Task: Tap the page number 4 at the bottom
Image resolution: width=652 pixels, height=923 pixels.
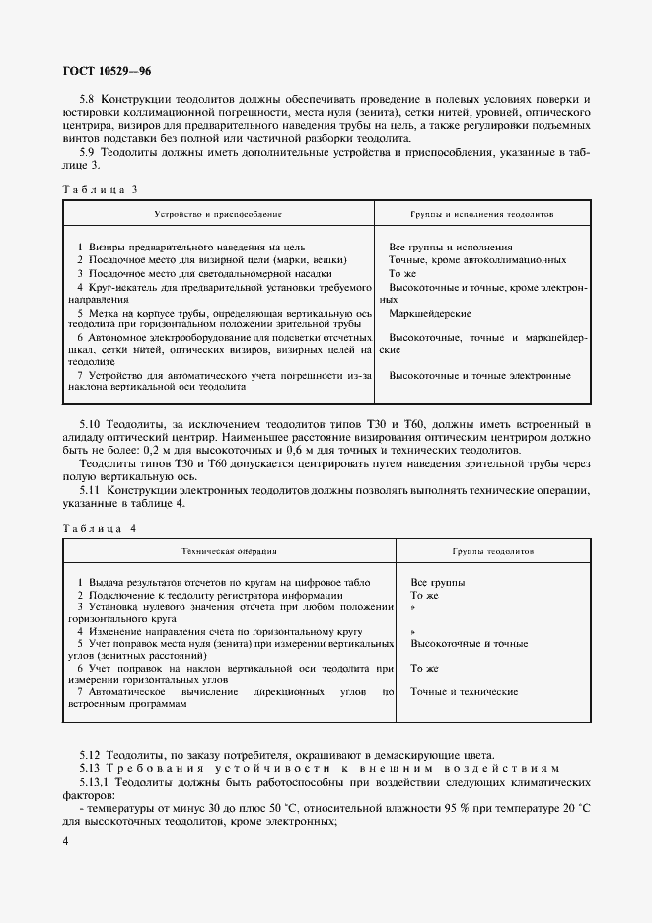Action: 65,840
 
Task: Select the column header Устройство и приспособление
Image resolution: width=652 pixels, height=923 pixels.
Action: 218,213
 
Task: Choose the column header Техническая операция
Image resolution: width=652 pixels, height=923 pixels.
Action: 230,552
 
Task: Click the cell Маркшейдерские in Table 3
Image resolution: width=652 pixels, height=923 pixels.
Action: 430,313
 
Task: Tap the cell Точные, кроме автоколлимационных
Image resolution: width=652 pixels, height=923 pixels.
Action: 477,259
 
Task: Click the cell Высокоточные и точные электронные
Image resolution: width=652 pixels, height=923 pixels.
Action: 479,375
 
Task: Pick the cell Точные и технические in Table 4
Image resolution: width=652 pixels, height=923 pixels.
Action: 464,692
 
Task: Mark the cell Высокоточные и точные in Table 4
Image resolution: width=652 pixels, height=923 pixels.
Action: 469,644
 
